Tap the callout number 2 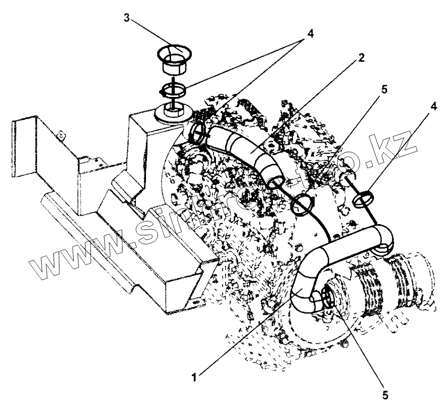(x=360, y=57)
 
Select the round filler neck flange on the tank (x=174, y=113)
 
